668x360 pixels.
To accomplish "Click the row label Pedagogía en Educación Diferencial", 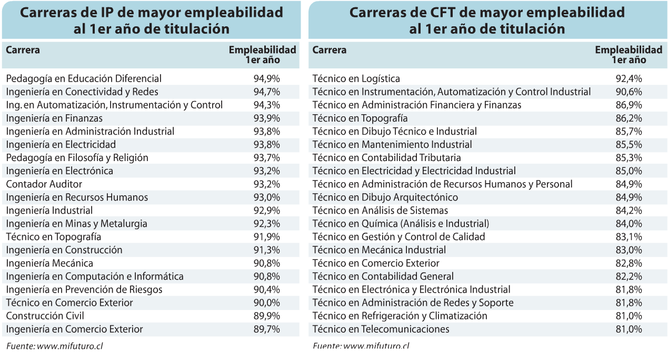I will [84, 79].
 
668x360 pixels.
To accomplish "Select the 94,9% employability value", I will [266, 79].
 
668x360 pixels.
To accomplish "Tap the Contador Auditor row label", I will [44, 184].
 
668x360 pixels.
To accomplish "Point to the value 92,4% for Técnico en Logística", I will [629, 79].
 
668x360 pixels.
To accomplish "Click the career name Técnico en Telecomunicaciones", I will [381, 329].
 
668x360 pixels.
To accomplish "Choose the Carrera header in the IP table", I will [23, 51].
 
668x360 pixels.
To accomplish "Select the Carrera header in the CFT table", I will [330, 51].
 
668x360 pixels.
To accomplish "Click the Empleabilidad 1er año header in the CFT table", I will [629, 55].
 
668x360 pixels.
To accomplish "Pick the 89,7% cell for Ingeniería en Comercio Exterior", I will [266, 329].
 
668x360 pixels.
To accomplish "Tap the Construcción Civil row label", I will [45, 316].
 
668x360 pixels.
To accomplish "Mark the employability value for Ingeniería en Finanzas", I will [266, 118].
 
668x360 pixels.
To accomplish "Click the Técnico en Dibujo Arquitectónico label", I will [385, 197].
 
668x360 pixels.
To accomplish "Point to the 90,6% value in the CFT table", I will [629, 92].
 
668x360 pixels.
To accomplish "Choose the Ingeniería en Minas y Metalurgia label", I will [76, 224].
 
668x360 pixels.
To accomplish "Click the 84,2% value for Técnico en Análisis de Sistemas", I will [629, 211].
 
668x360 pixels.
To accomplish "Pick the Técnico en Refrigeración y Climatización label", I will [400, 316].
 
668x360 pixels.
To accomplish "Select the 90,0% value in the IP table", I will [266, 303].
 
